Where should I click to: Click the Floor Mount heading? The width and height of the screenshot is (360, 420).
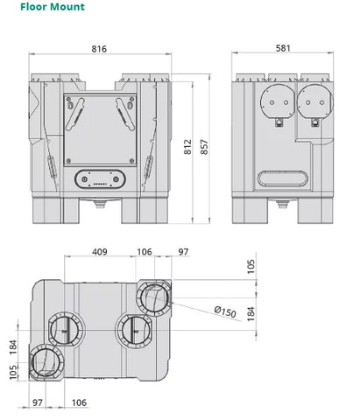[x=53, y=7]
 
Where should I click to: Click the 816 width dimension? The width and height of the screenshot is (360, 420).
[x=99, y=49]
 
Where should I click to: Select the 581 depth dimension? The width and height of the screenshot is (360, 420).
[x=283, y=48]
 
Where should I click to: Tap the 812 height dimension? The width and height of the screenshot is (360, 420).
[x=187, y=147]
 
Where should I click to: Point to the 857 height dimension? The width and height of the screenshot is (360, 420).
[x=204, y=147]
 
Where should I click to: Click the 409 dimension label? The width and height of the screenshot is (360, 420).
[x=100, y=252]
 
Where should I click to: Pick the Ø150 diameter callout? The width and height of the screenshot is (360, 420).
[x=225, y=311]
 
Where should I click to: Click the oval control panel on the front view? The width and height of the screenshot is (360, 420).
[x=100, y=179]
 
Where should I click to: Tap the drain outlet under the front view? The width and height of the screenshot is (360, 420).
[x=100, y=204]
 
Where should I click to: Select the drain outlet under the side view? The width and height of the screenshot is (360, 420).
[x=282, y=204]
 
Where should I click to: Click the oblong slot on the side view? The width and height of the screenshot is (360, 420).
[x=283, y=178]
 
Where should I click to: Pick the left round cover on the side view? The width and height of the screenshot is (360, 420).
[x=278, y=101]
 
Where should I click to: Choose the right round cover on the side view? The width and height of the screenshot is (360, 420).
[x=315, y=101]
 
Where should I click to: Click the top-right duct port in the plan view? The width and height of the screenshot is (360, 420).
[x=154, y=297]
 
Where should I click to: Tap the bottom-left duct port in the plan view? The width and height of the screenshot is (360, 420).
[x=46, y=362]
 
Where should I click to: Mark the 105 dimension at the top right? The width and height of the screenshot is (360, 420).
[x=251, y=266]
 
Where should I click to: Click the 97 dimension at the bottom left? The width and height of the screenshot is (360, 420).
[x=38, y=402]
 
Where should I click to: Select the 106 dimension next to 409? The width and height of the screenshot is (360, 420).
[x=145, y=252]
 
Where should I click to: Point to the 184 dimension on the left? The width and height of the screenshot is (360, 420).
[x=13, y=347]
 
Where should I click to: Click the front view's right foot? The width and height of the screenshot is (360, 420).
[x=145, y=211]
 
